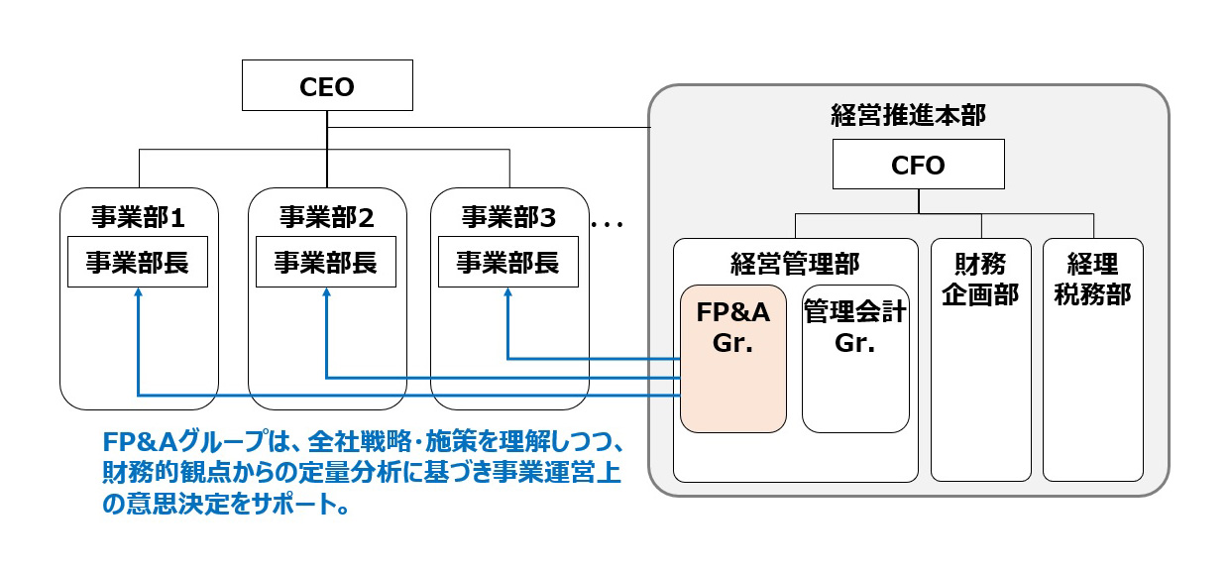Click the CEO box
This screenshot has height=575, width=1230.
326,87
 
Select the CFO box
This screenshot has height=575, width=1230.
918,165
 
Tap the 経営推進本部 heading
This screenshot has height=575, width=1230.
907,115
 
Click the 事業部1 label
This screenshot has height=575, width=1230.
138,216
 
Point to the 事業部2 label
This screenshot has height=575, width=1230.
326,216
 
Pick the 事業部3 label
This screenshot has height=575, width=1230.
508,216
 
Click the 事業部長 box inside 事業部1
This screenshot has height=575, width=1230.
138,263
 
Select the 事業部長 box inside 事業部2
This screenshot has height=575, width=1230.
326,263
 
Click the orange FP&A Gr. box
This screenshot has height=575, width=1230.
733,359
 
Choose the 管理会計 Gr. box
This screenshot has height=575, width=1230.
855,359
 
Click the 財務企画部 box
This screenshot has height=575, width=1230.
980,359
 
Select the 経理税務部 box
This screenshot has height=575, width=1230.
1093,359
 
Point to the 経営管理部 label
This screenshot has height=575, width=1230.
795,263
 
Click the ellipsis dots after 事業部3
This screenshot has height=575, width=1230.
608,225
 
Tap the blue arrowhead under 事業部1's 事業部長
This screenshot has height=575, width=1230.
138,294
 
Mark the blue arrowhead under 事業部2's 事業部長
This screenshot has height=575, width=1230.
326,294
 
